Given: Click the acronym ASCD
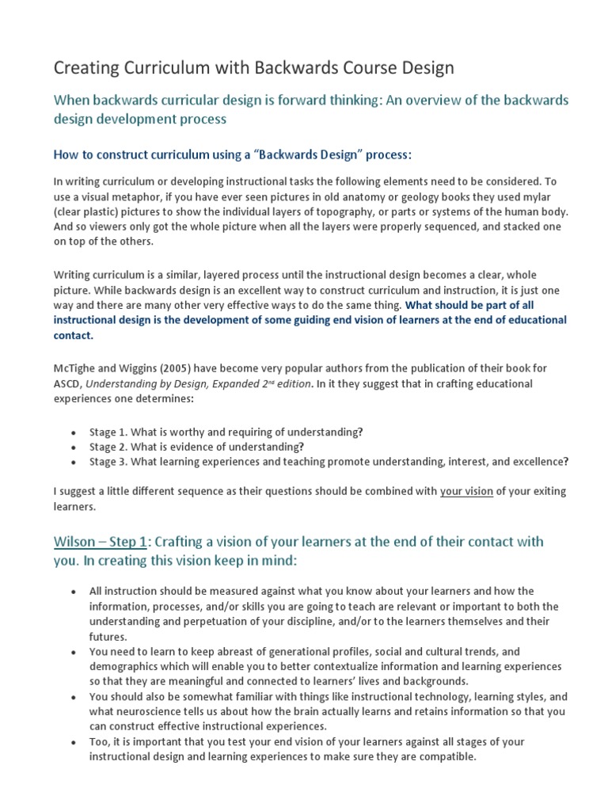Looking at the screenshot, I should pyautogui.click(x=67, y=384).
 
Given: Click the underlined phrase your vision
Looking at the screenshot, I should pyautogui.click(x=466, y=491).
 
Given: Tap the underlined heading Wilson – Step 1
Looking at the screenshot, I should pyautogui.click(x=101, y=542).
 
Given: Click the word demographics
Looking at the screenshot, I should pyautogui.click(x=125, y=666).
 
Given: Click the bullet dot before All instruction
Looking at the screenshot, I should pyautogui.click(x=73, y=592).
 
